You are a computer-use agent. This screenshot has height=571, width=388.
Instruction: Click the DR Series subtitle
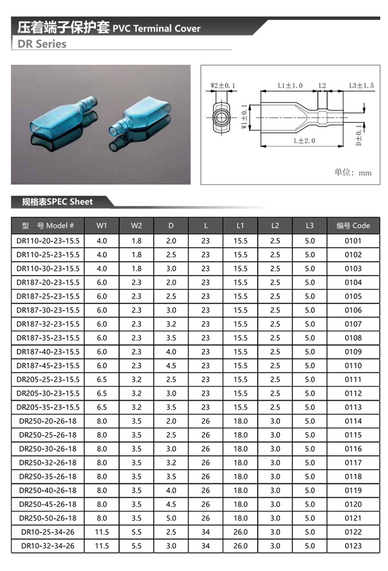coord(42,44)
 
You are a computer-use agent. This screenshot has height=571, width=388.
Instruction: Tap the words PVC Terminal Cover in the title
coord(157,29)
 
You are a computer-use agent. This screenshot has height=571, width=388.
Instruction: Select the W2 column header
coord(137,226)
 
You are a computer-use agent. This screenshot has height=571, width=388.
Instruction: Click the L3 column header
coord(309,226)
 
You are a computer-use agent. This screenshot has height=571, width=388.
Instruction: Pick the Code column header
coord(353,226)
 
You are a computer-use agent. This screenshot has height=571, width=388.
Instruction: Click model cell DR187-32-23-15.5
coord(48,324)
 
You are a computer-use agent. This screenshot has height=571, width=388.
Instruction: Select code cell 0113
coord(353,407)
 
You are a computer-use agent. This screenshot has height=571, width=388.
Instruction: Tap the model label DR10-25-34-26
coord(48,532)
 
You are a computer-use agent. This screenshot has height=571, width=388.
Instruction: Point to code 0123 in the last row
coord(353,545)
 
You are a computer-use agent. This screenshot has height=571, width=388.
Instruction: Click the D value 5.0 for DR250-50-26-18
coord(171,518)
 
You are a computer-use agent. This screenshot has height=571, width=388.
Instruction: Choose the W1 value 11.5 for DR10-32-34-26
coord(102,545)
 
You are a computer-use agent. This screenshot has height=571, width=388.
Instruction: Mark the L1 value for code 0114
coord(240,421)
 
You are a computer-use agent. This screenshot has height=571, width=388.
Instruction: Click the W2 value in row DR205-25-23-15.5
coord(137,379)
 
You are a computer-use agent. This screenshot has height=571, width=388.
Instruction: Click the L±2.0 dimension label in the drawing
coord(305,141)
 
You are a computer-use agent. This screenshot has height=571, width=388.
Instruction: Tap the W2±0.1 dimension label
coord(222,86)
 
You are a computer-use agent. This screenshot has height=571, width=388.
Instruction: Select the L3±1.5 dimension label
coord(361,86)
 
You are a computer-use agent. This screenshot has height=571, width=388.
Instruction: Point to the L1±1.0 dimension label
coord(290,86)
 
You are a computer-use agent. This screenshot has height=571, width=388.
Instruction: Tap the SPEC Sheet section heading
coord(57,201)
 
